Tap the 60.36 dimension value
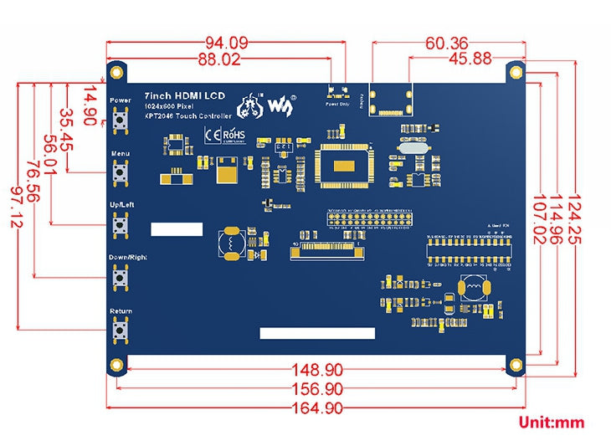click(x=447, y=42)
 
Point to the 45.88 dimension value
click(x=470, y=59)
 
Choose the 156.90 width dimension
click(x=315, y=389)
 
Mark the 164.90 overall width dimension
click(x=315, y=408)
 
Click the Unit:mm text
click(x=551, y=423)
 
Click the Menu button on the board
click(x=121, y=174)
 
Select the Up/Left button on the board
click(x=121, y=225)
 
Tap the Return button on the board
click(x=121, y=331)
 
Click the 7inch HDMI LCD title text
click(x=185, y=95)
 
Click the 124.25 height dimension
click(x=576, y=227)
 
